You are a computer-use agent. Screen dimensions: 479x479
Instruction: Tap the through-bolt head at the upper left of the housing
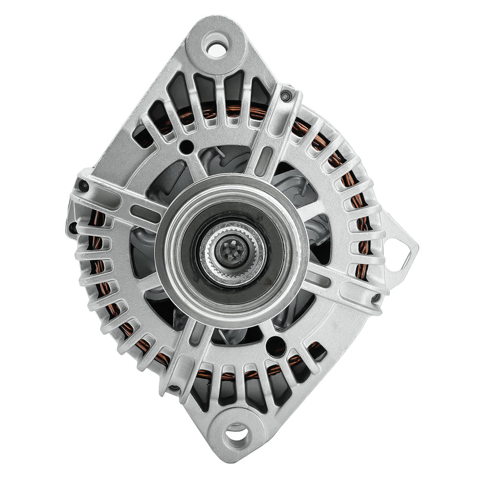point(84,186)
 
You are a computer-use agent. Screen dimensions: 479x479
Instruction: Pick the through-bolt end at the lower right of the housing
point(375,297)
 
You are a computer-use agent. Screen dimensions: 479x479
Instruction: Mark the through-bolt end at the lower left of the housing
point(173,387)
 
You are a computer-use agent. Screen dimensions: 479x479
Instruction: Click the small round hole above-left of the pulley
point(187,145)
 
